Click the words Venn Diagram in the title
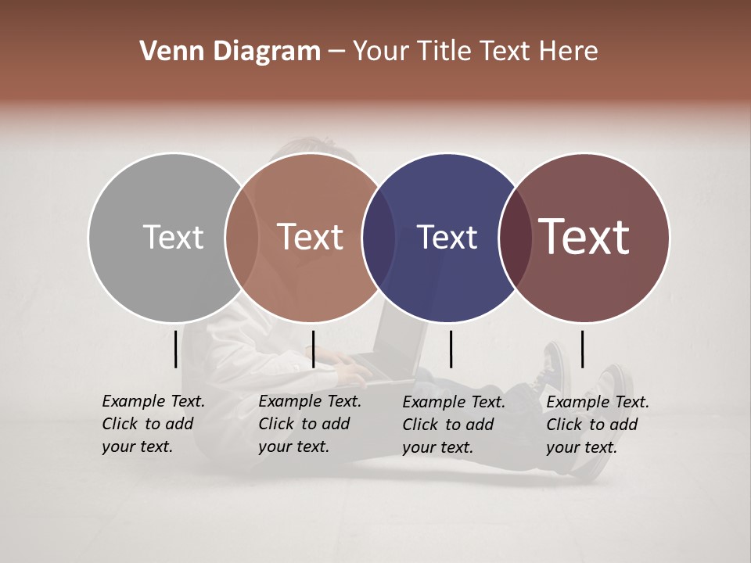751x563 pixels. click(x=230, y=52)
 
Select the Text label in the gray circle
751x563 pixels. click(x=173, y=237)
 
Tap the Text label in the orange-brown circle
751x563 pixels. click(x=311, y=237)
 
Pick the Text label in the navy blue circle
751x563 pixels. click(x=447, y=237)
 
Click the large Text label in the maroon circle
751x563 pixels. click(x=584, y=236)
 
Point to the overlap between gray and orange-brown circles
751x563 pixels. click(x=242, y=237)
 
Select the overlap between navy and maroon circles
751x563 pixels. click(x=515, y=237)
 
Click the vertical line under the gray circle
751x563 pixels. click(x=175, y=349)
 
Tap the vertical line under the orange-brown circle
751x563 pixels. click(x=313, y=349)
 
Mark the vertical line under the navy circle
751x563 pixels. click(x=451, y=349)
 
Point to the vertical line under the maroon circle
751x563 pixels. click(x=582, y=349)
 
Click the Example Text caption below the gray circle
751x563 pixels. click(x=153, y=424)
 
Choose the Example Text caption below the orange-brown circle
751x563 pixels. click(x=309, y=424)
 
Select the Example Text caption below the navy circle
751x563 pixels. click(x=453, y=425)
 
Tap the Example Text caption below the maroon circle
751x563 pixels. click(x=597, y=425)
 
